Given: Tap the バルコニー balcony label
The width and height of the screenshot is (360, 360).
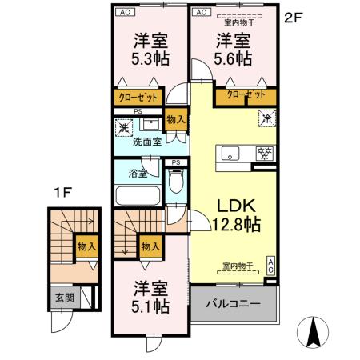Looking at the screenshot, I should [233, 305].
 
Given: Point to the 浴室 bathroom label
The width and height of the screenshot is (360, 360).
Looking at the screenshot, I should [137, 172].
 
